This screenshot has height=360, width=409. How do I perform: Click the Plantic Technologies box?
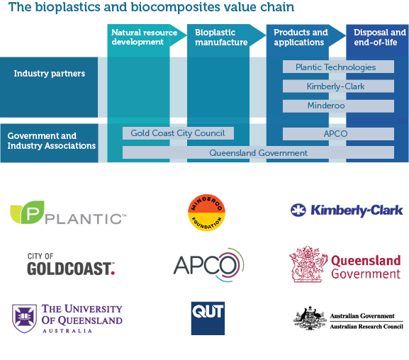tap(338, 67)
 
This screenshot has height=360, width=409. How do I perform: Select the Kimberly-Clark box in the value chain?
tap(338, 86)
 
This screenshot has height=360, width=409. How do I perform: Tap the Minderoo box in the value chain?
tap(338, 106)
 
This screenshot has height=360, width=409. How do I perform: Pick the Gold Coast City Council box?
tap(178, 133)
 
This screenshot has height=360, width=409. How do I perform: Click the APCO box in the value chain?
tap(338, 133)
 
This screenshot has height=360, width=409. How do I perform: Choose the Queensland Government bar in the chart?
tap(258, 152)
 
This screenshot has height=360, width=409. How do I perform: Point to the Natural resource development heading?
tap(144, 37)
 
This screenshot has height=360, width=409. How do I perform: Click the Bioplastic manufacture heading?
tap(221, 37)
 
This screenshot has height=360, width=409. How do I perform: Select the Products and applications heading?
tap(301, 37)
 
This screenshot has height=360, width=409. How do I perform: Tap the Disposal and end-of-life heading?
tap(380, 37)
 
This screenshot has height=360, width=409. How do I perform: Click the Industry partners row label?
tap(50, 74)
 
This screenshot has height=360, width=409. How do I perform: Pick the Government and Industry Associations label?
tap(51, 140)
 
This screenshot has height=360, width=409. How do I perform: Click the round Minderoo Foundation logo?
tap(206, 213)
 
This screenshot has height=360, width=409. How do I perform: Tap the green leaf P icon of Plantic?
tap(28, 212)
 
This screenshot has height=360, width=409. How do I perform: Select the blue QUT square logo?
tap(208, 318)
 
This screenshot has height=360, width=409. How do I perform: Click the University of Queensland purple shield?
tap(24, 318)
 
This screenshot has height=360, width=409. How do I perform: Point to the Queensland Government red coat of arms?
tap(308, 264)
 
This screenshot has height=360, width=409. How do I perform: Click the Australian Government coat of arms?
tap(310, 318)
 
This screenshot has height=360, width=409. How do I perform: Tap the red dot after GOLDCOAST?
tap(113, 273)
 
